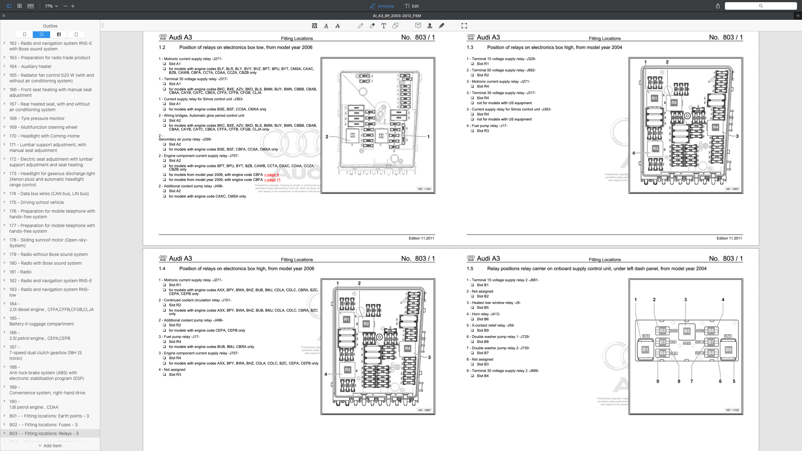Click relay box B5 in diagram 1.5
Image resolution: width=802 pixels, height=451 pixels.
click(687, 331)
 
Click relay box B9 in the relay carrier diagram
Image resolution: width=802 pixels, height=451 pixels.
click(728, 350)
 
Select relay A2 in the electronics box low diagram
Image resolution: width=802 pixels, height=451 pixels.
click(352, 135)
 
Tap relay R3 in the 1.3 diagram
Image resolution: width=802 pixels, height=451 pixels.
click(655, 148)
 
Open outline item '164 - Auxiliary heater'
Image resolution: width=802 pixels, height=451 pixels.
click(30, 66)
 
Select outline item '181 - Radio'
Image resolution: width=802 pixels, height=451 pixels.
click(20, 272)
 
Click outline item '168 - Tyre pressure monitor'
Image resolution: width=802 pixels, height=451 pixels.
click(37, 118)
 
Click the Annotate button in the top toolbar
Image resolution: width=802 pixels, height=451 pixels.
click(382, 6)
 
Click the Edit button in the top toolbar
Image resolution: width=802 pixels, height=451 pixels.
click(412, 6)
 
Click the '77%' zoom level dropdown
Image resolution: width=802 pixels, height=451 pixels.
click(51, 6)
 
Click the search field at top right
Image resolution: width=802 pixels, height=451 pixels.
click(761, 6)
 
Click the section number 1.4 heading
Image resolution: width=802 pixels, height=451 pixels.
click(162, 269)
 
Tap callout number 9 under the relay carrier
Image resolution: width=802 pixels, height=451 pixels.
click(658, 381)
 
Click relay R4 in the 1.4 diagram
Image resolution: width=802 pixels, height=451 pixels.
click(407, 348)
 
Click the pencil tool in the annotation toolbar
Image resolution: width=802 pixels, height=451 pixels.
click(361, 26)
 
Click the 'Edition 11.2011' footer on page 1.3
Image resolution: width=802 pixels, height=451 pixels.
click(729, 238)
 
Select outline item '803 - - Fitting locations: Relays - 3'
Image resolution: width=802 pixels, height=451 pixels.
click(44, 433)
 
